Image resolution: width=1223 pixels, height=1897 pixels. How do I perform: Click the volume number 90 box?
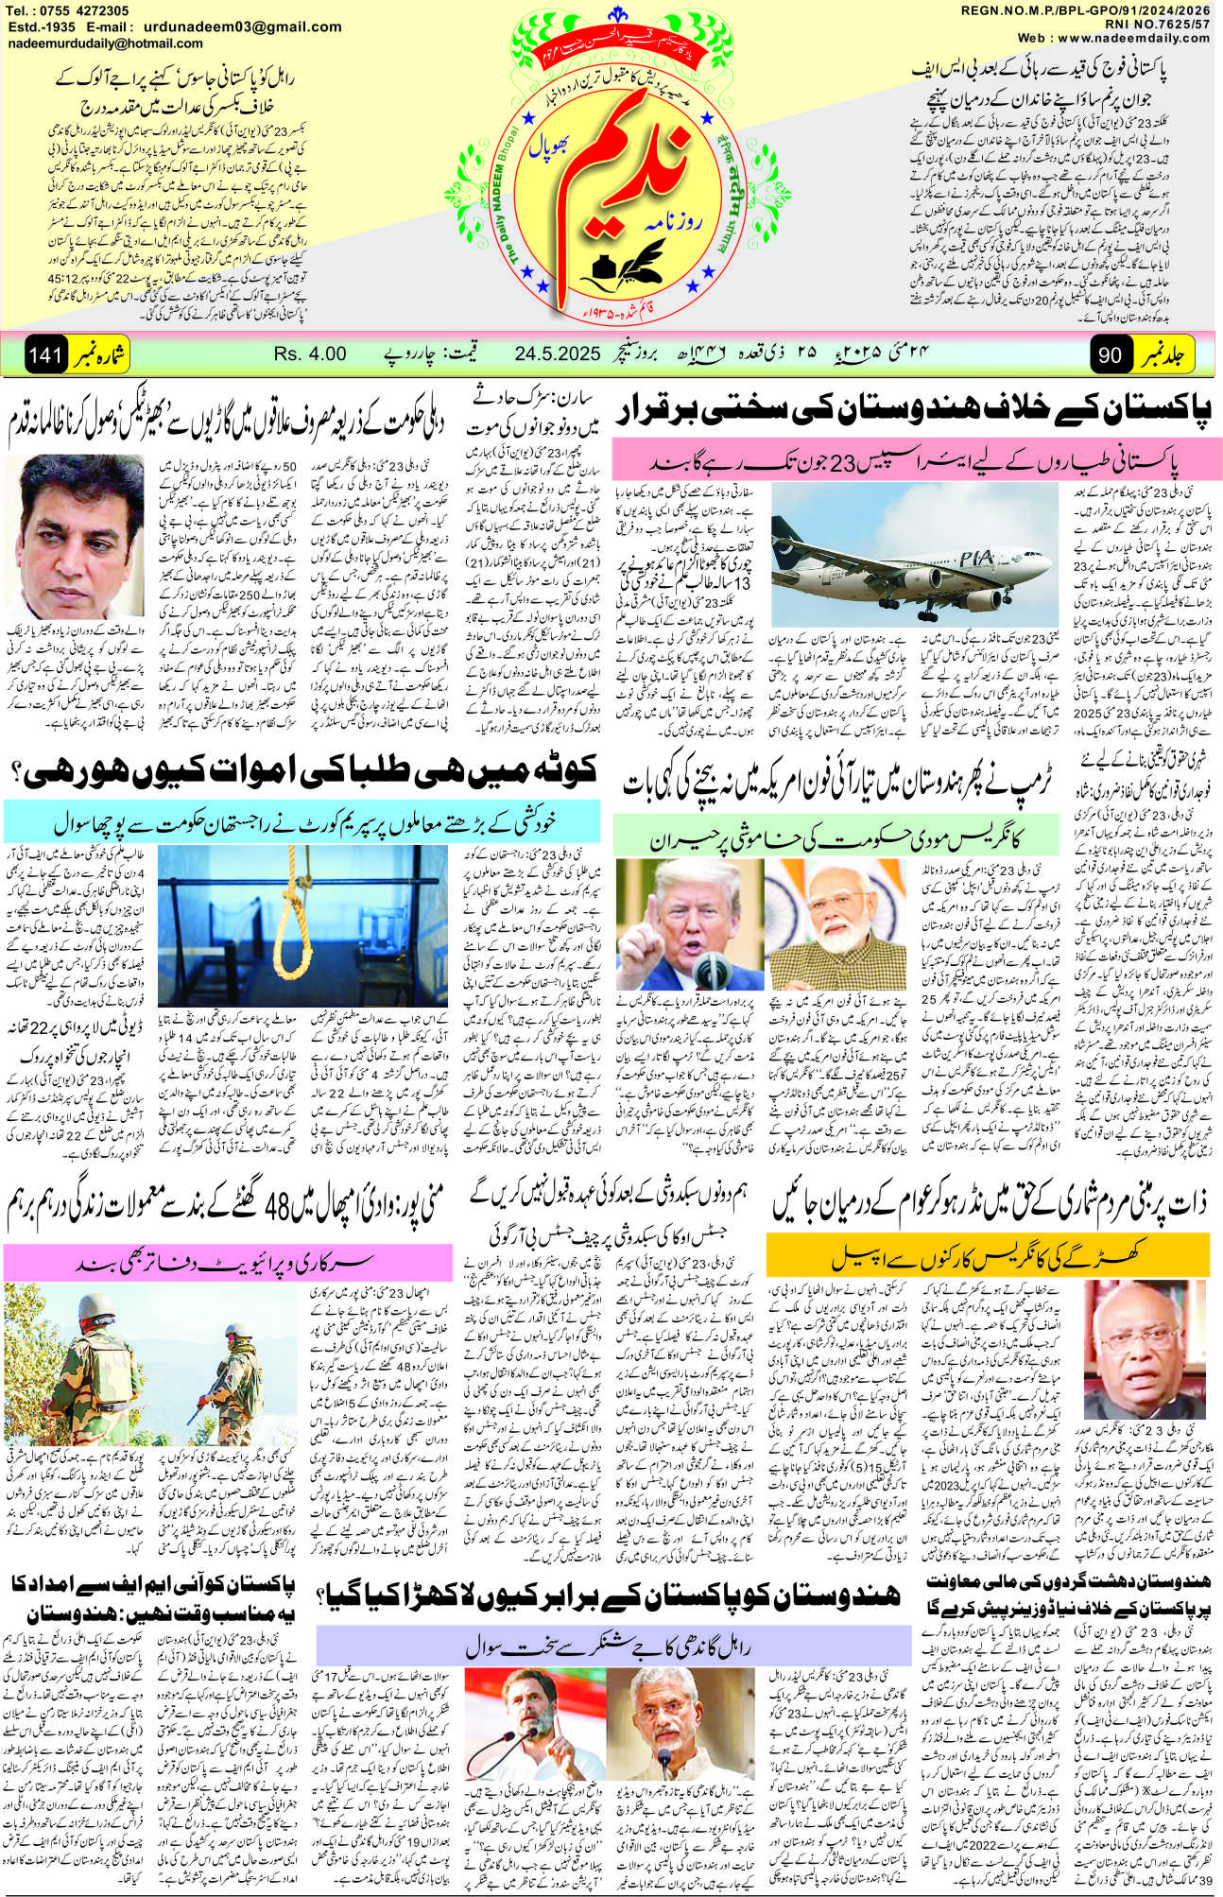(x=1110, y=355)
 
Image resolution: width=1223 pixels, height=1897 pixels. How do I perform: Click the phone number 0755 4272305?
(x=91, y=10)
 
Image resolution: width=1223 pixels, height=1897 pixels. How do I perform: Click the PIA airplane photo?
(x=911, y=557)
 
